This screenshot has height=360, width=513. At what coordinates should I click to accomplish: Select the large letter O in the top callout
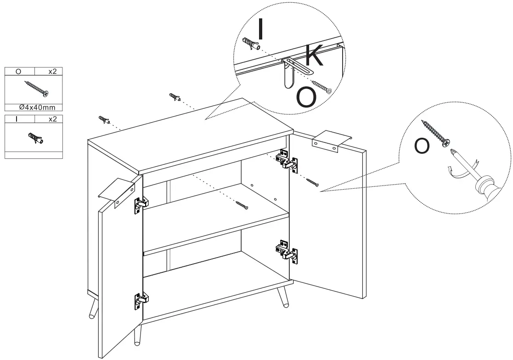point(306,96)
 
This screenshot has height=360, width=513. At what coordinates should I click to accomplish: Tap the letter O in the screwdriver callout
point(422,146)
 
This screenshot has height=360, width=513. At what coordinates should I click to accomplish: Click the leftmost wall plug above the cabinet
point(104,120)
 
